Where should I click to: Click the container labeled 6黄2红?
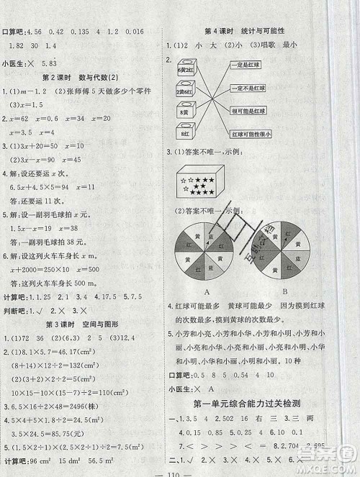pos(184,71)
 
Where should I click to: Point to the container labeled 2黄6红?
pos(184,91)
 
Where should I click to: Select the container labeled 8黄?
pos(184,113)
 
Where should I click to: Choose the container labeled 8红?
pos(184,133)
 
